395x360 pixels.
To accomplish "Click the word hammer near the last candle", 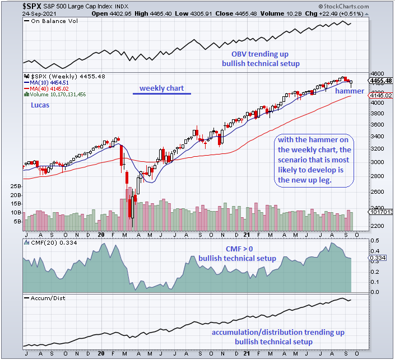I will click(350, 91).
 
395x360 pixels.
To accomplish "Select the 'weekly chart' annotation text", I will click(161, 88).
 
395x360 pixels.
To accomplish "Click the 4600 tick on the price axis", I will click(378, 73).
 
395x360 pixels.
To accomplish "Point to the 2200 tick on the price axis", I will click(378, 226).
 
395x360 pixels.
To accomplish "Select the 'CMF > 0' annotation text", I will click(236, 249).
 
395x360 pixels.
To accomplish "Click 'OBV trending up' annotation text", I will click(261, 54).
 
